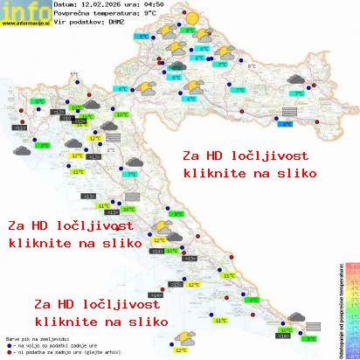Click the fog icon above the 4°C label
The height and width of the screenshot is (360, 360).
click(x=286, y=111)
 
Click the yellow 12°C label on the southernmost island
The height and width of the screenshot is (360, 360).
click(x=180, y=350)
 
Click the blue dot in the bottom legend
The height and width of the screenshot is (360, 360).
click(x=8, y=347)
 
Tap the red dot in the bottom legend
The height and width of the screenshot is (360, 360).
click(x=8, y=354)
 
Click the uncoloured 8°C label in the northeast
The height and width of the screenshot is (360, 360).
click(x=252, y=66)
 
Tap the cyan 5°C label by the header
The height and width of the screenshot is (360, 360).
click(x=142, y=38)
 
